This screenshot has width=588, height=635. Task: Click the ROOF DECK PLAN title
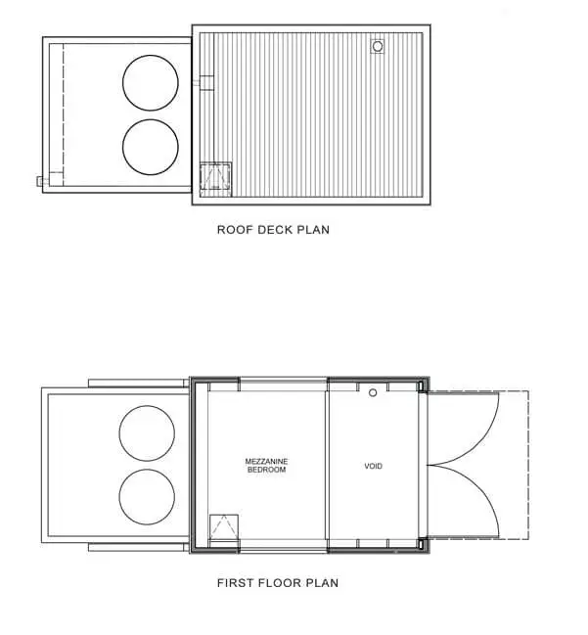273,230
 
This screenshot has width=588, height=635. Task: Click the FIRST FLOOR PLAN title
278,583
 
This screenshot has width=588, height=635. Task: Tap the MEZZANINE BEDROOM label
266,466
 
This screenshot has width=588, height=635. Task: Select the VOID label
373,466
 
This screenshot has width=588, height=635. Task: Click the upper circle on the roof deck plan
151,56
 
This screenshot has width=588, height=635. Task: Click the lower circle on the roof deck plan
151,119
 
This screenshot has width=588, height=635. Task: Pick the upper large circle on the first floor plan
147,406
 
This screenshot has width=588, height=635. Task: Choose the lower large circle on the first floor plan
147,470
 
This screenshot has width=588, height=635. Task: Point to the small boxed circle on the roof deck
378,46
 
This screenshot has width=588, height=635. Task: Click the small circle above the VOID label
373,392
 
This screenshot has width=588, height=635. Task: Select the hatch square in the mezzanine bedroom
224,526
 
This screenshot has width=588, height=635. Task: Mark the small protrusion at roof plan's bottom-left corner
40,181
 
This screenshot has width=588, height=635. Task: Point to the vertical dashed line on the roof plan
64,109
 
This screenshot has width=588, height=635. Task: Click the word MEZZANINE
266,461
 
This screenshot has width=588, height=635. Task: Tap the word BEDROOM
266,470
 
